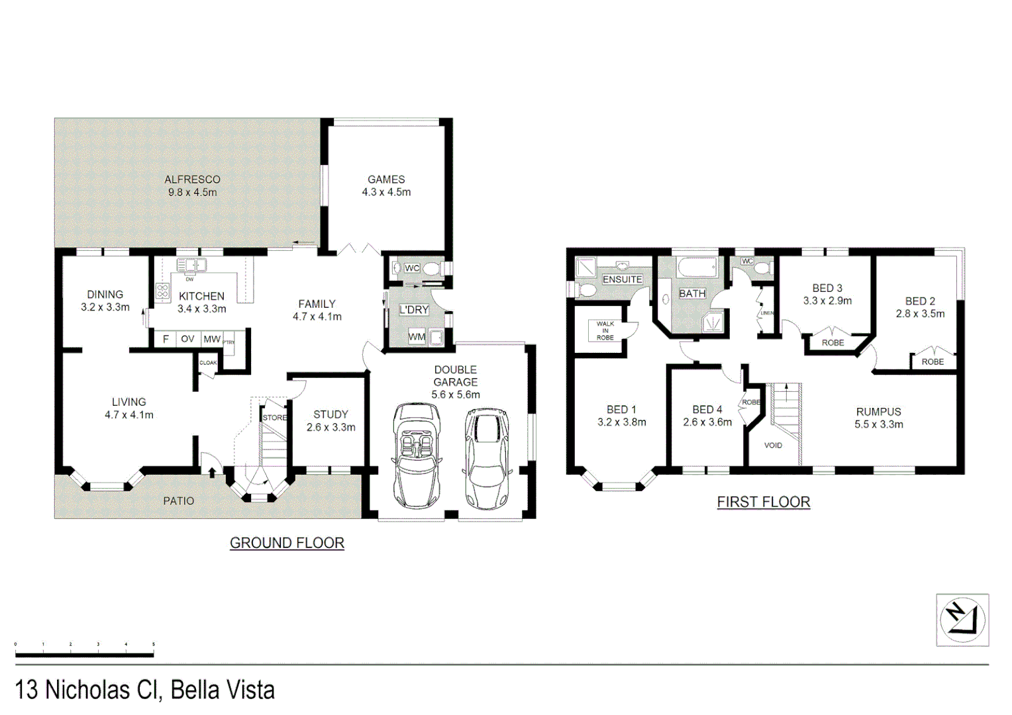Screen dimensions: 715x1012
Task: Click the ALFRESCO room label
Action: (x=192, y=179)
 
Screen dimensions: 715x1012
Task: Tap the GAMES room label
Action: (x=386, y=179)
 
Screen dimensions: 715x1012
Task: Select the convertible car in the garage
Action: (x=415, y=457)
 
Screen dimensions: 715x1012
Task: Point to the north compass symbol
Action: (x=962, y=620)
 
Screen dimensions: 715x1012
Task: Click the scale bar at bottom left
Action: (x=84, y=654)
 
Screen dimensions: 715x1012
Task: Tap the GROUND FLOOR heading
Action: (x=287, y=543)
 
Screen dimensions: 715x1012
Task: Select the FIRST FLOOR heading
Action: (x=763, y=502)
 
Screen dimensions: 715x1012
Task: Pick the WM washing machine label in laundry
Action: (x=417, y=337)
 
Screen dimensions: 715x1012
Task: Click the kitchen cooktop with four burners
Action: (x=162, y=291)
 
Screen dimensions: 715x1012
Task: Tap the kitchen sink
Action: (x=191, y=265)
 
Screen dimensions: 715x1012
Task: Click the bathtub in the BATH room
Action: (x=697, y=269)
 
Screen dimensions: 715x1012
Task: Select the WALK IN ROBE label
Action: (x=605, y=330)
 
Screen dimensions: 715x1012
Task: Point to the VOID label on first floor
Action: (x=773, y=445)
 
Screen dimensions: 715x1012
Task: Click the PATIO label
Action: (x=179, y=501)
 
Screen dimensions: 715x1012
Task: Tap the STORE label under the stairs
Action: (x=275, y=418)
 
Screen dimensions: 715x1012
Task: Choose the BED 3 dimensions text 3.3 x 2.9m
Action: (x=827, y=301)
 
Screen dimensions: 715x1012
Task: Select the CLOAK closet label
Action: (x=208, y=363)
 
